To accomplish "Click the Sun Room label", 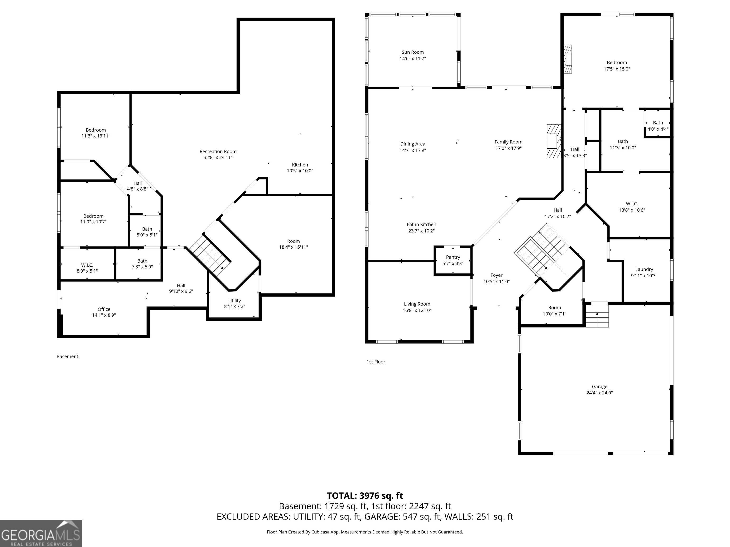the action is (413, 52).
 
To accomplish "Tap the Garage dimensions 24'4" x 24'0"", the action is (599, 393).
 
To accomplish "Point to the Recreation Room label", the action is (218, 152).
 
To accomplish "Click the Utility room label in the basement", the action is (235, 301).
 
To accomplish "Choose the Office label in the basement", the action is (104, 309).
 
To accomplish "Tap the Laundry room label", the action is (644, 269).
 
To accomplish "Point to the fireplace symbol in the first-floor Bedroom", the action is (568, 59).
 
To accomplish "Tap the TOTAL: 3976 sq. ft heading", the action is (365, 496).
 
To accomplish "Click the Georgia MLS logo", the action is (41, 533).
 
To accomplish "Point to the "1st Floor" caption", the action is (376, 362).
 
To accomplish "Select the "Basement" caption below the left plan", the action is (67, 356).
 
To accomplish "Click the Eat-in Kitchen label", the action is (421, 225).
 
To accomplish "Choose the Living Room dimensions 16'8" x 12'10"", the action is (417, 310).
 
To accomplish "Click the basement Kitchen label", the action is (300, 165).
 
